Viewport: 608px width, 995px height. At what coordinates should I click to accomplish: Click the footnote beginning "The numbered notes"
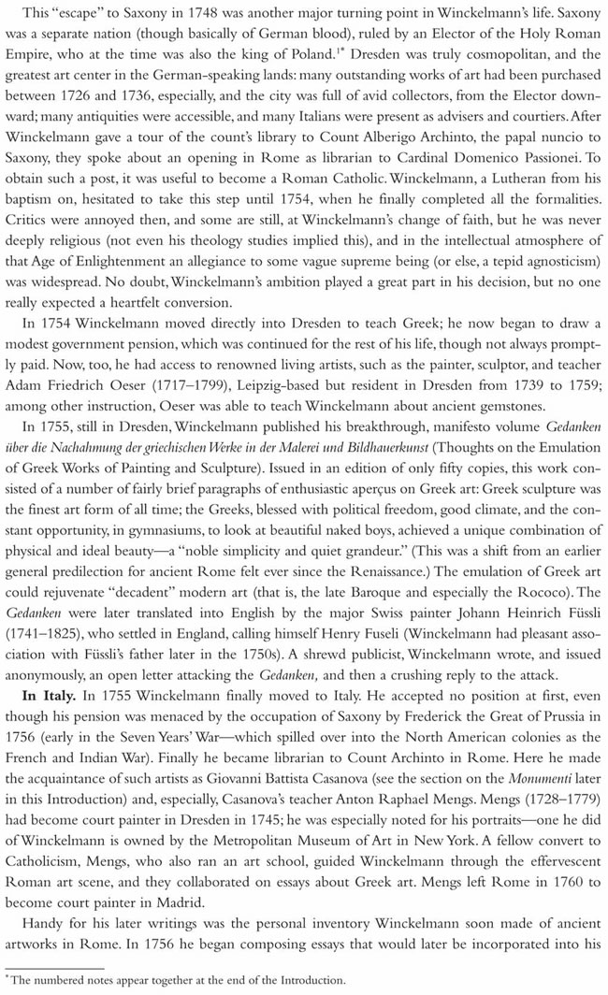179,981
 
